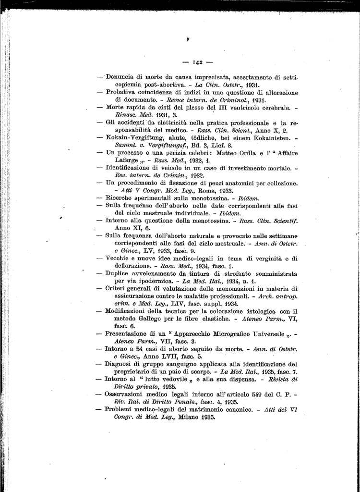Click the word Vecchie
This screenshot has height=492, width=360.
pyautogui.click(x=120, y=258)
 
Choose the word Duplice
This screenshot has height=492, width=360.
pyautogui.click(x=120, y=273)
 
